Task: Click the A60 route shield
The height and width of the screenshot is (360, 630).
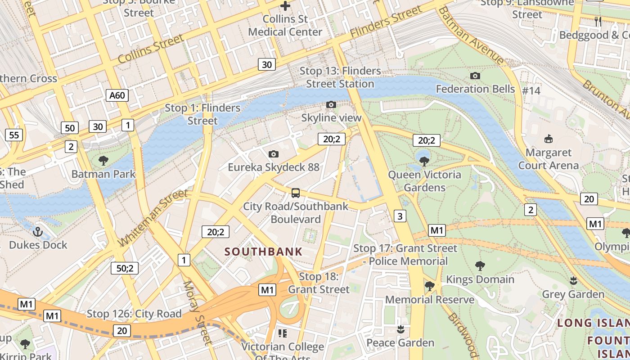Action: [x=117, y=95]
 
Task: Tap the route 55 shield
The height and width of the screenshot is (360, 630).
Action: [x=14, y=135]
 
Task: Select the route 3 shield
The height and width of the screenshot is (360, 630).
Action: [x=400, y=216]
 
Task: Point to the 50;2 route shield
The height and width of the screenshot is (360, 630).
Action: [x=125, y=269]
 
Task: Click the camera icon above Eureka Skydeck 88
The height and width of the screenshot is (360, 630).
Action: [x=273, y=154]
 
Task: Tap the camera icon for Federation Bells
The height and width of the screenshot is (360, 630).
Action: [x=475, y=76]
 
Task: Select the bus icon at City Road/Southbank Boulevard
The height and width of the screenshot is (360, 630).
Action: [x=296, y=193]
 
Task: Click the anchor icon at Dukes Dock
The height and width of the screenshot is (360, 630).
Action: [x=38, y=232]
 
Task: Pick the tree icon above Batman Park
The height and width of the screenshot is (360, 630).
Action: [x=103, y=160]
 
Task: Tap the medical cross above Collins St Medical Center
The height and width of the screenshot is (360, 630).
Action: [x=285, y=6]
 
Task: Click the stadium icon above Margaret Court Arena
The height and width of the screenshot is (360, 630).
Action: [x=548, y=139]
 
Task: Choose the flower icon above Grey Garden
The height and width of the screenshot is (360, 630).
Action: [x=573, y=281]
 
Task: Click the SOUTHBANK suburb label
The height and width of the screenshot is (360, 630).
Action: [x=264, y=252]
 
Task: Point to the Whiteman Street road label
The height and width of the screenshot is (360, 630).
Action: [x=153, y=218]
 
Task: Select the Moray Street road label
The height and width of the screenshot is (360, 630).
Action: [x=196, y=313]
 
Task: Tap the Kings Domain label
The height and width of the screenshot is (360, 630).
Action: [x=480, y=279]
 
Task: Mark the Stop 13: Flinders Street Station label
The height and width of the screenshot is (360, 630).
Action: [x=340, y=77]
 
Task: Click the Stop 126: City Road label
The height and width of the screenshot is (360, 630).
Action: [x=134, y=314]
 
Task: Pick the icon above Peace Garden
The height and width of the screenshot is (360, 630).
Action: [x=400, y=329]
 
